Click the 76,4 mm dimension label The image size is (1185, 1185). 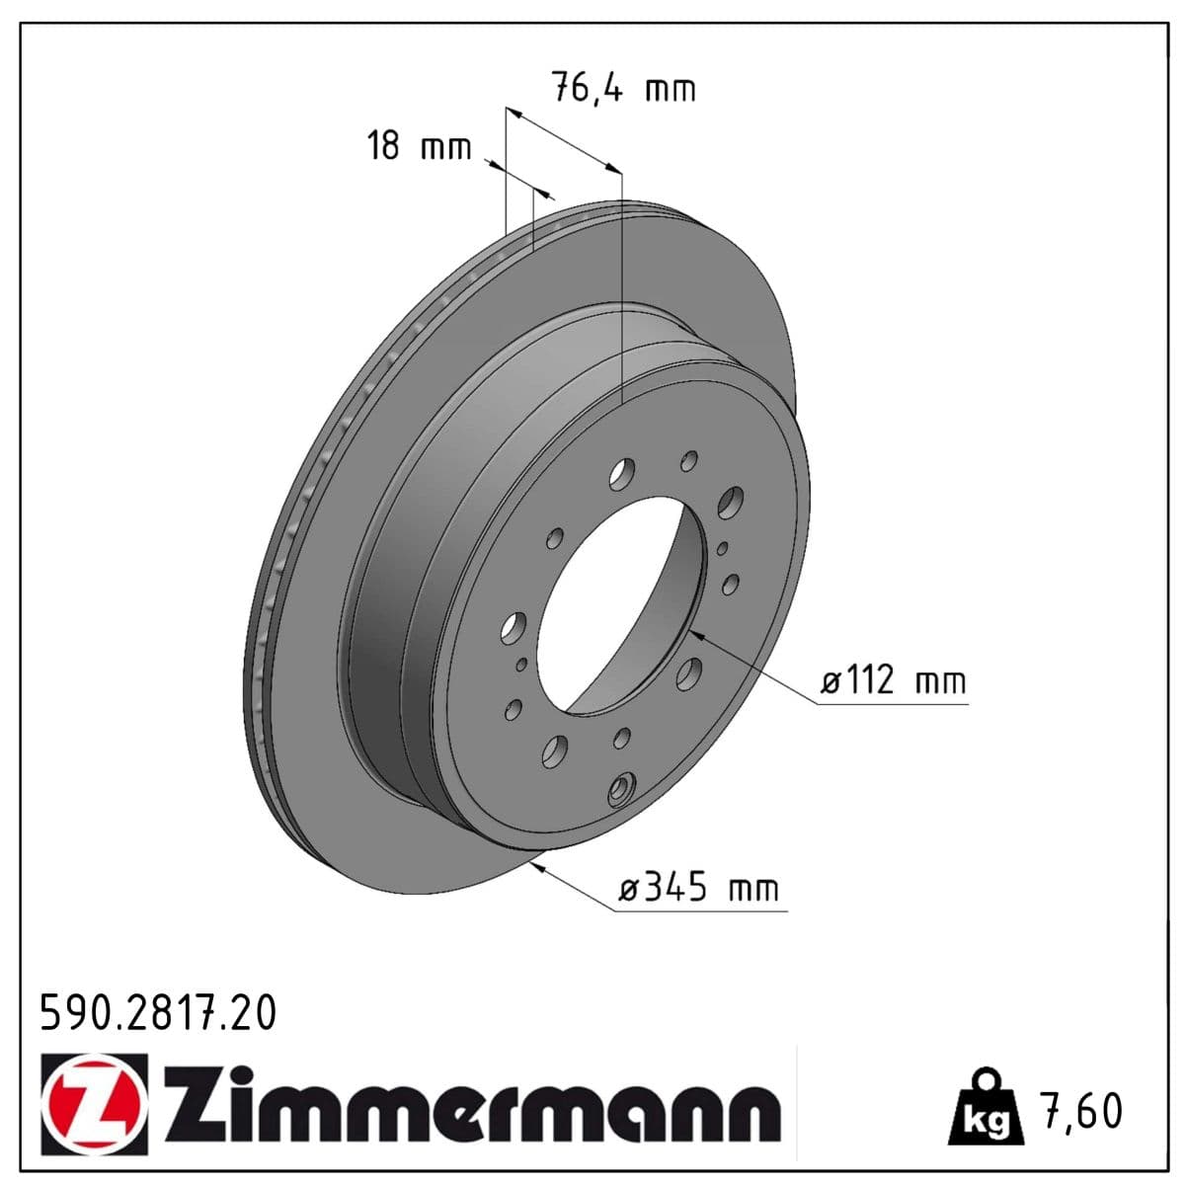click(x=622, y=89)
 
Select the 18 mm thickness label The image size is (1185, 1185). click(x=419, y=147)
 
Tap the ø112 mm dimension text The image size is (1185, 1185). click(x=894, y=680)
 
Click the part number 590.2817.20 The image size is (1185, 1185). click(x=158, y=1013)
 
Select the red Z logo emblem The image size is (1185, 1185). click(x=95, y=1102)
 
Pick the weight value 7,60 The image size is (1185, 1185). click(x=1081, y=1110)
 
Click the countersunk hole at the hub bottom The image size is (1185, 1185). click(x=622, y=789)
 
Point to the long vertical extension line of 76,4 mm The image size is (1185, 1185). click(x=622, y=286)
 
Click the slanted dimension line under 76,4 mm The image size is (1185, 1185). click(x=563, y=138)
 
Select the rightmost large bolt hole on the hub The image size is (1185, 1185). click(x=732, y=502)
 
